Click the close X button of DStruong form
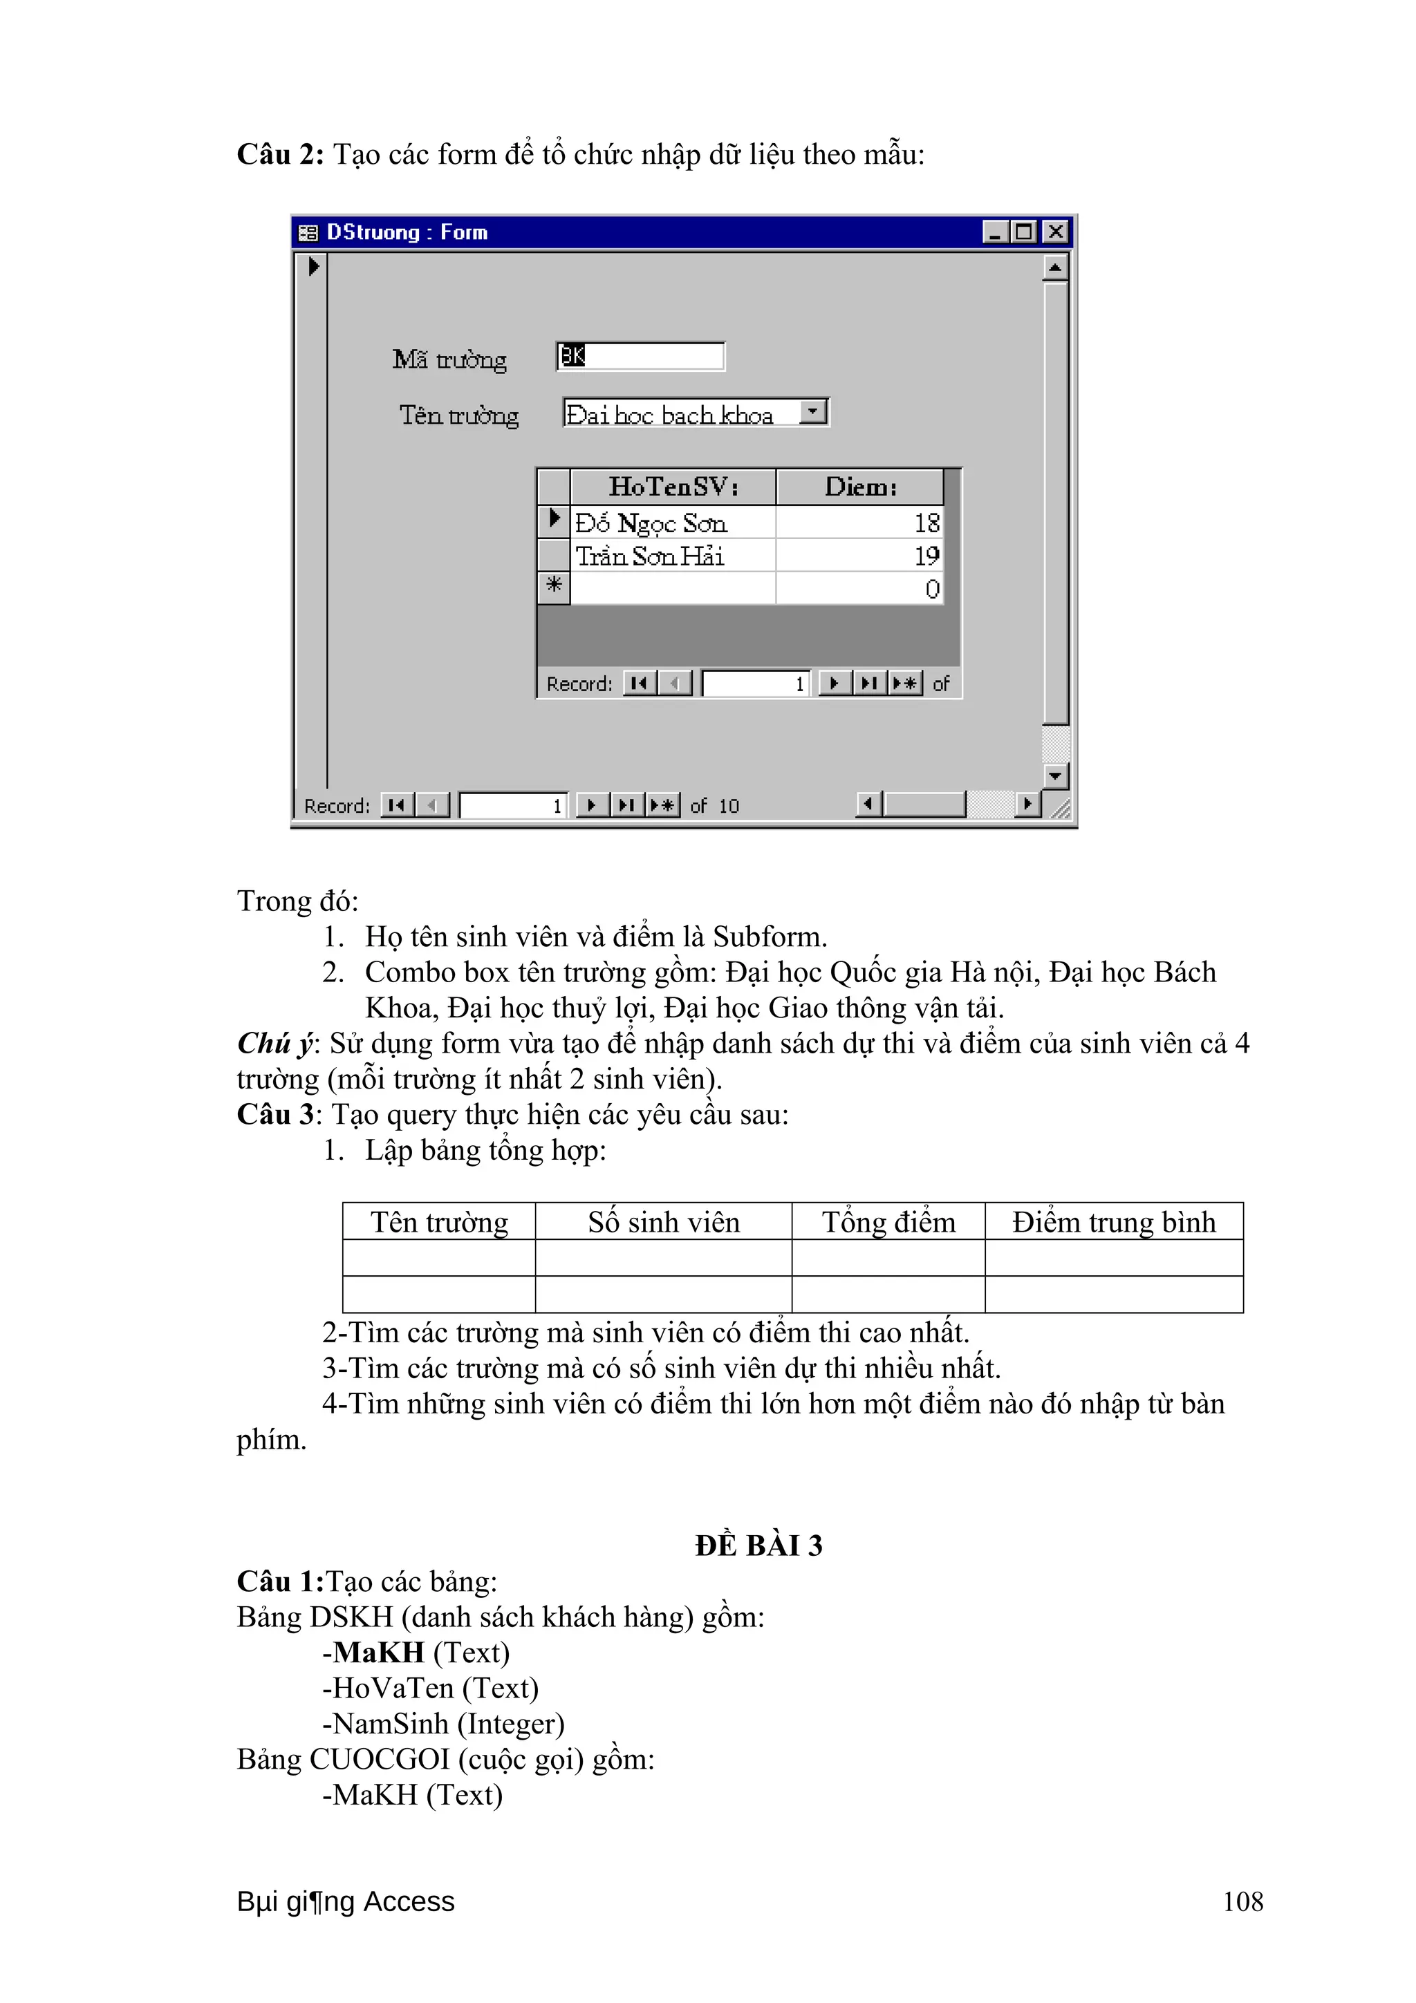(1055, 232)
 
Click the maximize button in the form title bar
(1024, 232)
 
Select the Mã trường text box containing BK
(640, 356)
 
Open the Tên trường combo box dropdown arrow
(813, 412)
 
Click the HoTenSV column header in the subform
(673, 487)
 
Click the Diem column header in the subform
(859, 487)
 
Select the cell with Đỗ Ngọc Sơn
(673, 523)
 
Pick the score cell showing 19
(859, 556)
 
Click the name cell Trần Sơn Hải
(673, 556)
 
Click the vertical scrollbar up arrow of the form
(1056, 267)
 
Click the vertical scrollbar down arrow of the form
(1056, 775)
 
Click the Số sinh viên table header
(663, 1221)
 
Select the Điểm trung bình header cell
(1113, 1221)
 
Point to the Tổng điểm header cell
(888, 1221)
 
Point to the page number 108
(1242, 1902)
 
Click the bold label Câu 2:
(280, 154)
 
